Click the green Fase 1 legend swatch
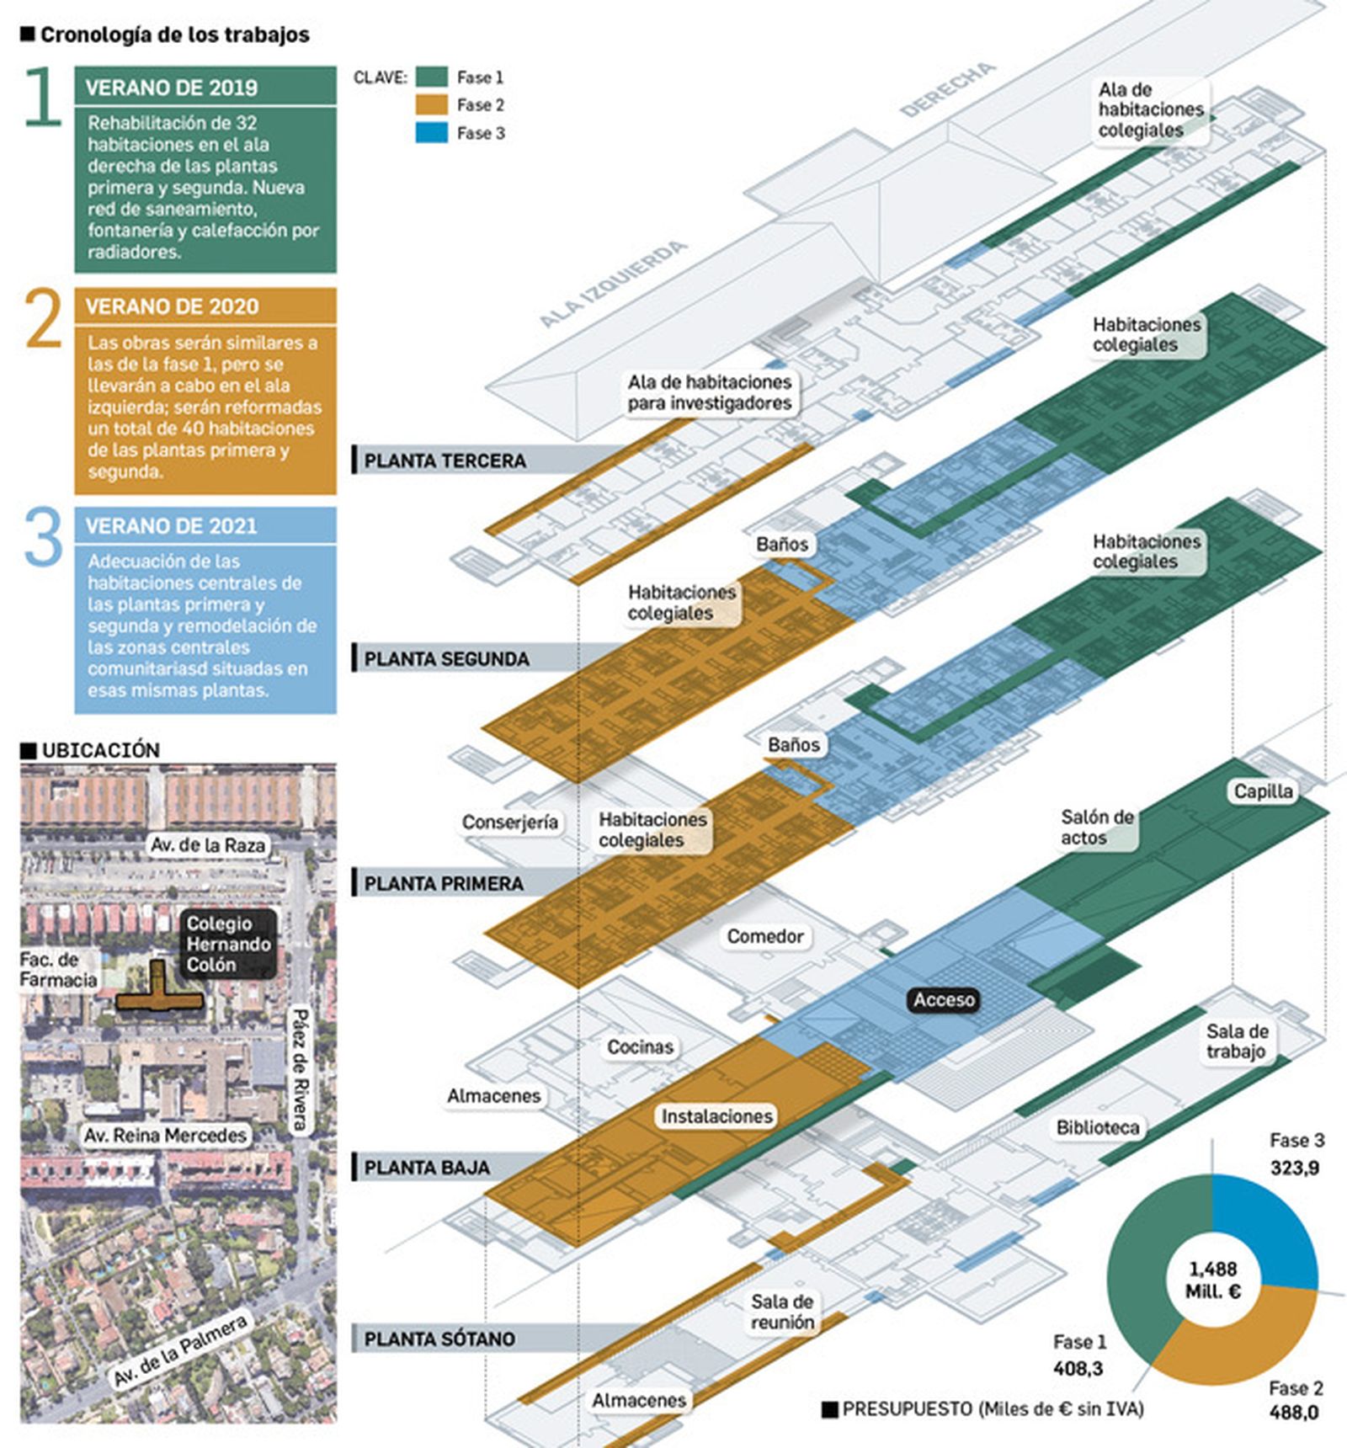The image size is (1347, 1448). tap(431, 77)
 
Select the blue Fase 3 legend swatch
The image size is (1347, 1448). tap(431, 133)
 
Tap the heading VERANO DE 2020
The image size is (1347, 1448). tap(172, 306)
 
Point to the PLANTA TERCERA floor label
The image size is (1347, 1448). tap(445, 460)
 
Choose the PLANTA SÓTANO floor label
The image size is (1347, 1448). tap(439, 1339)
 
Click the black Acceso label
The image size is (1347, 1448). tap(944, 999)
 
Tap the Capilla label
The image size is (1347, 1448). tap(1262, 791)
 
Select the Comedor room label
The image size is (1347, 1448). tap(764, 936)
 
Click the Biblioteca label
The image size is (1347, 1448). tap(1097, 1127)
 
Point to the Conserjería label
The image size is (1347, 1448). tap(509, 822)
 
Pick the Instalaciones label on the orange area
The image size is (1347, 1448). tap(716, 1116)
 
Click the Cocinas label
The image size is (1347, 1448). tap(640, 1046)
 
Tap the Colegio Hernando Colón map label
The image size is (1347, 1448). tap(227, 944)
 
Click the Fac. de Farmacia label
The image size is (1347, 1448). tap(58, 969)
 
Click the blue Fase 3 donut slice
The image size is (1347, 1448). tap(1263, 1229)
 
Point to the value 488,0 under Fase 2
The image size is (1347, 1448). tap(1294, 1412)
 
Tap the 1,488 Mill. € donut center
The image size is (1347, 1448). tap(1212, 1280)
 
